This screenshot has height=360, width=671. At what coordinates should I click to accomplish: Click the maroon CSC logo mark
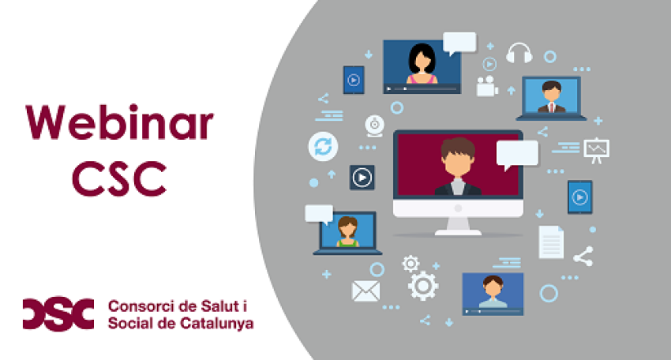[58, 313]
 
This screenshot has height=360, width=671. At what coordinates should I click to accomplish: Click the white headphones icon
[519, 53]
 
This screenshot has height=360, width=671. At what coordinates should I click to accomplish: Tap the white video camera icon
[487, 84]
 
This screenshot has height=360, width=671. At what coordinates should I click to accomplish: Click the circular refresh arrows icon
[323, 146]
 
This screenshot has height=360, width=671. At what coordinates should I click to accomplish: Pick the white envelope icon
[365, 291]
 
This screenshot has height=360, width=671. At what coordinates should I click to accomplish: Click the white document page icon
[551, 242]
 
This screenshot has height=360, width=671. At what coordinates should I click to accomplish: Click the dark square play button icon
[362, 177]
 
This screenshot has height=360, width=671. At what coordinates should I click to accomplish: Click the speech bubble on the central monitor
[516, 153]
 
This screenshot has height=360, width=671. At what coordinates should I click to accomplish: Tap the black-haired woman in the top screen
[422, 63]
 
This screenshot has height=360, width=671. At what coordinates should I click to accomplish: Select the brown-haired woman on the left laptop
[347, 231]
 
